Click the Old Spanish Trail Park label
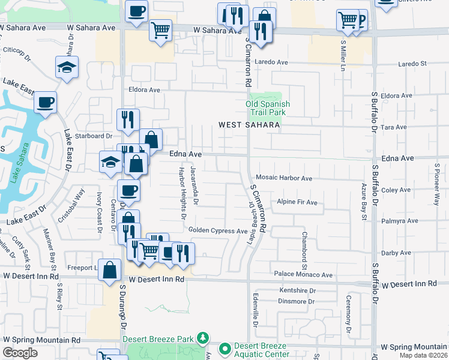[268, 108]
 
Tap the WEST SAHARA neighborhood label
[249, 125]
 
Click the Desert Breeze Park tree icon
[203, 338]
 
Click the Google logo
[20, 353]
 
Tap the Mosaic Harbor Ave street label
[284, 178]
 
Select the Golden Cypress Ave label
[218, 230]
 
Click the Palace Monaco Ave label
[303, 275]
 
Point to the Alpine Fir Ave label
[297, 202]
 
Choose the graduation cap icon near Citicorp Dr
[67, 68]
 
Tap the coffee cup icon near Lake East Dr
[46, 103]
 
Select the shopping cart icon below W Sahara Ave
[160, 29]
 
